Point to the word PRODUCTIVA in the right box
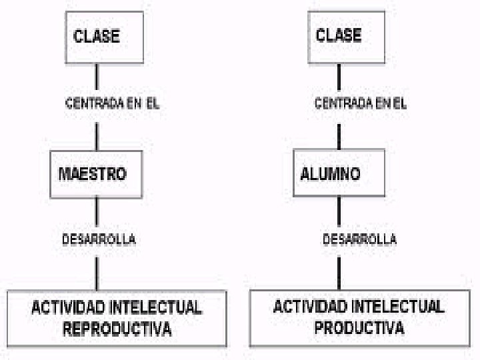[359, 328]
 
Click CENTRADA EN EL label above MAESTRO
[112, 104]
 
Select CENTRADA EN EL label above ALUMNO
[360, 104]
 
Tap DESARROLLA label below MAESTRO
[99, 239]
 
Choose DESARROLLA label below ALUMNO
[359, 239]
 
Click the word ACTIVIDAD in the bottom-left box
[67, 309]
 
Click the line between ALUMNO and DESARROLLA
[339, 212]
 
